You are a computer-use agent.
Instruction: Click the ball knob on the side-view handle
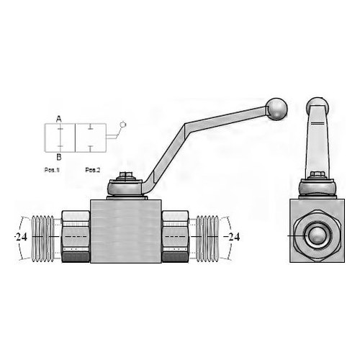[x=276, y=109]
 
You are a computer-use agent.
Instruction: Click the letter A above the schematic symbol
[x=59, y=119]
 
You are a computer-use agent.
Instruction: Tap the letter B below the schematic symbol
[x=59, y=157]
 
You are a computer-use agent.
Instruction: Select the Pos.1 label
[x=52, y=170]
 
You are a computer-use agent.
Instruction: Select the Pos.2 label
[x=92, y=170]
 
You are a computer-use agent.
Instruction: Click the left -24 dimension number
[x=21, y=237]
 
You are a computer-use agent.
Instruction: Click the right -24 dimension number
[x=232, y=237]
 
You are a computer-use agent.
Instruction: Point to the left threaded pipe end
[x=42, y=238]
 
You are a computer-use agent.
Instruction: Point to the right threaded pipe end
[x=207, y=238]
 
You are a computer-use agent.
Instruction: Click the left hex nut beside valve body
[x=76, y=236]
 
